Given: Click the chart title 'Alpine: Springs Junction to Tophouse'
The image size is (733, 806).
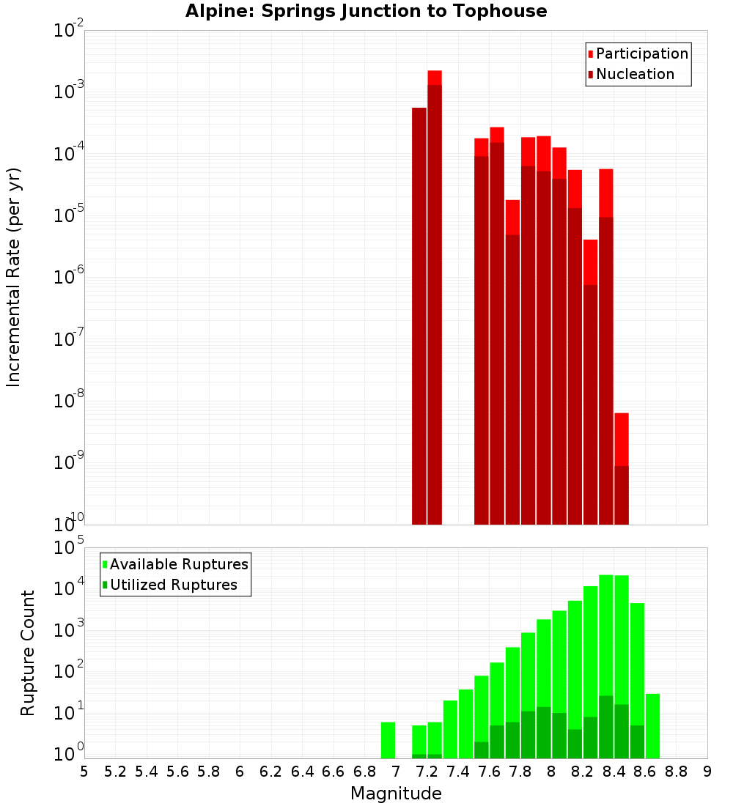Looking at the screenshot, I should point(366,11).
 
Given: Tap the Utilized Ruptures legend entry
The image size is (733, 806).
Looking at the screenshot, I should point(173,585).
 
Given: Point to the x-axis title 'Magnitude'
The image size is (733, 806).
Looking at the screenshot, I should point(396,794).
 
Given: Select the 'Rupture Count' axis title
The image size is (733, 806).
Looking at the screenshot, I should point(28,653).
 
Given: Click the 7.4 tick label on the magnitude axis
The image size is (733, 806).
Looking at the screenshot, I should point(458,772).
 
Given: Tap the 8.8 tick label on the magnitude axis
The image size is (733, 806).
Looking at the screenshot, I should point(676,772).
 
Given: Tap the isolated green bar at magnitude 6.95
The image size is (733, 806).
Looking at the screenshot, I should point(388,740).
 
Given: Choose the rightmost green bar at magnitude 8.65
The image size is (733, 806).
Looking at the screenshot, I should point(652,725).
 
